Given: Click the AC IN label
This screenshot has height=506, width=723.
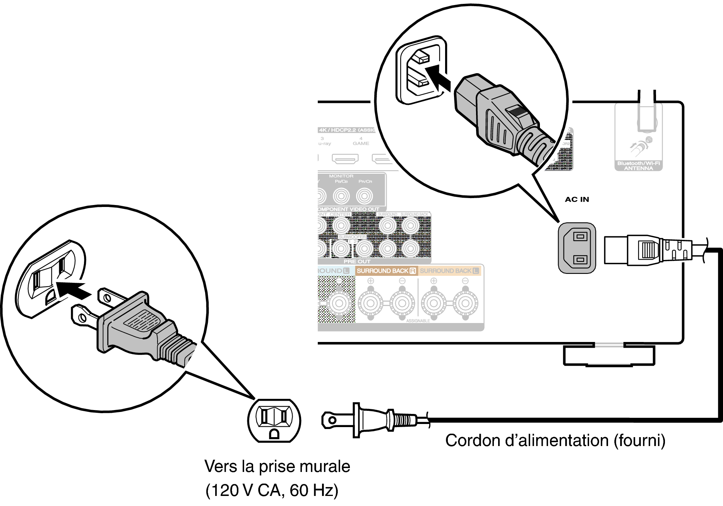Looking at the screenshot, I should click(x=577, y=200).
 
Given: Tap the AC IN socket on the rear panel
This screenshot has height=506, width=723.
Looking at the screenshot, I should click(x=577, y=248).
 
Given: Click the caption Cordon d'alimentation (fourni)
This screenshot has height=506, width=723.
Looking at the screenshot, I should click(x=555, y=441).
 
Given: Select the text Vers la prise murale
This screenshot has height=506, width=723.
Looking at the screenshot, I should click(x=277, y=467).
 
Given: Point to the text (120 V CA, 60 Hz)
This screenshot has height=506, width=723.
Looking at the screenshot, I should click(x=272, y=491).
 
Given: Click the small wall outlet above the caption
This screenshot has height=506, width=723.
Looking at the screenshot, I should click(x=274, y=421).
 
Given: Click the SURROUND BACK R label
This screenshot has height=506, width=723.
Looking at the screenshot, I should click(x=386, y=271).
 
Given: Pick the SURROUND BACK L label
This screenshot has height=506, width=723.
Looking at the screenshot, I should click(x=449, y=271).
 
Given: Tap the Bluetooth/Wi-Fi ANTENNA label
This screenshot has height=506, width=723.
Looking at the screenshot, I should click(x=638, y=166).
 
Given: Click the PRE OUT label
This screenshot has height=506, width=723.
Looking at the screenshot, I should click(x=357, y=262).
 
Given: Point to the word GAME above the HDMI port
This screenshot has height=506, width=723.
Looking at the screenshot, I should click(x=361, y=144).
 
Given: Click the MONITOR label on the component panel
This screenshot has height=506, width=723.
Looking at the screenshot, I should click(x=341, y=176).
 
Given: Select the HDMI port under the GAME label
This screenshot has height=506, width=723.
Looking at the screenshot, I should click(x=345, y=159).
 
